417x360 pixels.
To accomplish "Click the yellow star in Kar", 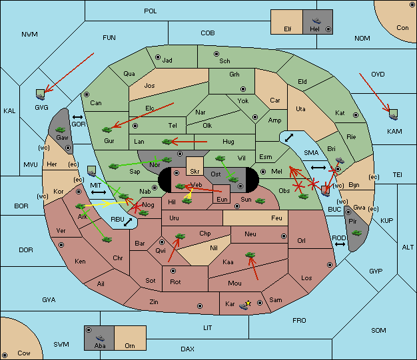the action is click(x=248, y=303).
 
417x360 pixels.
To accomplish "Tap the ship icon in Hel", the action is click(x=316, y=21).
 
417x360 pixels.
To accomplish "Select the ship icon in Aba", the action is click(x=101, y=338).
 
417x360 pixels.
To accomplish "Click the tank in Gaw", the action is click(x=61, y=130).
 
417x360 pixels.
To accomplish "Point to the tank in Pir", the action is click(x=356, y=233).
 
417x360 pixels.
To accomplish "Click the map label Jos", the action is click(x=149, y=86).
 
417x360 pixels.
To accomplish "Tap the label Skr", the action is click(x=195, y=172).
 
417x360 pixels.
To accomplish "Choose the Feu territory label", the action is click(x=276, y=218).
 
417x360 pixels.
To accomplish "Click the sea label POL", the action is click(x=151, y=11).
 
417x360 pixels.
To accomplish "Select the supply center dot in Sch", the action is click(x=216, y=54).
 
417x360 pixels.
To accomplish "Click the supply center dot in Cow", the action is click(x=5, y=355).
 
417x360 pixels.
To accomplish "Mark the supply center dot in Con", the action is click(x=412, y=5).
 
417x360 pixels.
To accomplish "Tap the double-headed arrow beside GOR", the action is click(x=77, y=117).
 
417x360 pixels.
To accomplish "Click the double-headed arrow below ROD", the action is click(x=340, y=244).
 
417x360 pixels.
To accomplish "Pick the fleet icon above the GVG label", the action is click(x=41, y=94).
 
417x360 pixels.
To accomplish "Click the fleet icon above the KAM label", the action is click(x=393, y=114).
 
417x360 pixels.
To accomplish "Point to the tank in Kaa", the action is click(x=250, y=255).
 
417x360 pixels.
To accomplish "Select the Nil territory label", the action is click(x=214, y=248).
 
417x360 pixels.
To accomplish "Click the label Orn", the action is click(x=130, y=345).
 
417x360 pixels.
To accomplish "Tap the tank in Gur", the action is click(x=107, y=130).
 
